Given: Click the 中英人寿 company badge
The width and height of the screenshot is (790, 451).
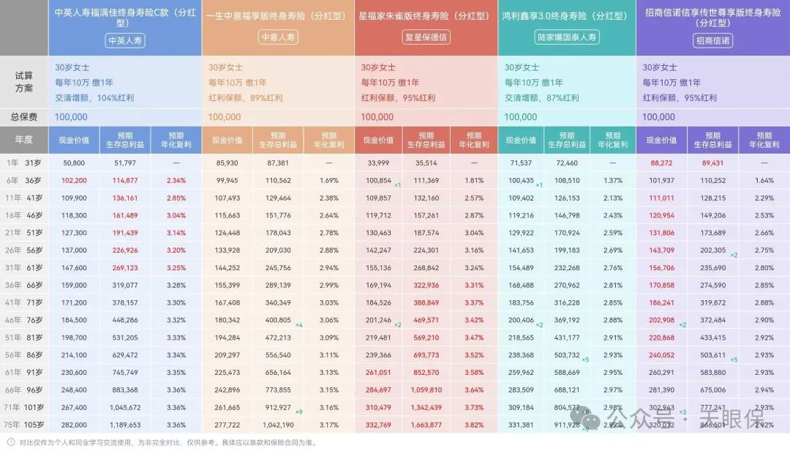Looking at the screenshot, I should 125,40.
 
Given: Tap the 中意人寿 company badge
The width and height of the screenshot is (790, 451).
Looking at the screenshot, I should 279,37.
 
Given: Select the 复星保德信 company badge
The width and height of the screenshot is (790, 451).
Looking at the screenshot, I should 426,37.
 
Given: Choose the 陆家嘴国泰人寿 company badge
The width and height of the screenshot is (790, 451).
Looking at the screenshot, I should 567,37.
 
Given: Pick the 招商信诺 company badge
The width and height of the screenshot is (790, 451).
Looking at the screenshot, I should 712,41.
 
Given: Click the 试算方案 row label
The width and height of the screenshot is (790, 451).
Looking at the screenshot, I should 24,81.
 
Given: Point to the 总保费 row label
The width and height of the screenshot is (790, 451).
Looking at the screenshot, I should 24,117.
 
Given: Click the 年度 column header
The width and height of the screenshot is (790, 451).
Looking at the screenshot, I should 24,140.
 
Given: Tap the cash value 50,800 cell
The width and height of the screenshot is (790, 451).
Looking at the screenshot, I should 75,163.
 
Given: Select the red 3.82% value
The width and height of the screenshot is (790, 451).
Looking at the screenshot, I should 473,424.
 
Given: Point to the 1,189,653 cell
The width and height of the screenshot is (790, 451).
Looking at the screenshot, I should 125,424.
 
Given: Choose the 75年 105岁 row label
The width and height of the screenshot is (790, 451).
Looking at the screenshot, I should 24,424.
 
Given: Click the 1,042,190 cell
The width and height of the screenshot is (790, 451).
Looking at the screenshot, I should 279,424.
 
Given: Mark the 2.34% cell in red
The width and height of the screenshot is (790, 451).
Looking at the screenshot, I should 176,180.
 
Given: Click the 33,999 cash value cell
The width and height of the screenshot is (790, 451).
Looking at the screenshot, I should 377,163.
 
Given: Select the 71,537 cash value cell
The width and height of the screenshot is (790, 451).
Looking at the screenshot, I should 521,163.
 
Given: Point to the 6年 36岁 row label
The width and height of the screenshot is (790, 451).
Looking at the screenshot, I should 24,180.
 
